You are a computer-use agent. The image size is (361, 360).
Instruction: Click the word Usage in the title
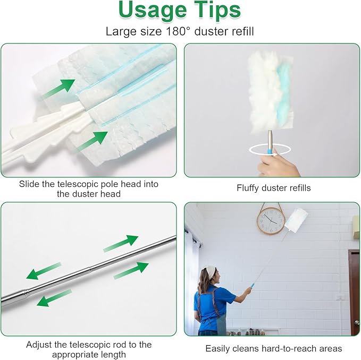coord(154,10)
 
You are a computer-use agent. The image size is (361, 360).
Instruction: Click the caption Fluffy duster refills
coord(274,188)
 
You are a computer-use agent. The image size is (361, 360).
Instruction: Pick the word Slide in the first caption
coord(30,184)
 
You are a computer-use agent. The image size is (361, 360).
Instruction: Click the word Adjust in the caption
coord(40,345)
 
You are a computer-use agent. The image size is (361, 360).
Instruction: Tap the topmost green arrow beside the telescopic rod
coord(121,243)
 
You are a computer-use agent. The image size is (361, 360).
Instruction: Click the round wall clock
coord(271,221)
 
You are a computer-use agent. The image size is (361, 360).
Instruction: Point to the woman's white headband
coord(210,271)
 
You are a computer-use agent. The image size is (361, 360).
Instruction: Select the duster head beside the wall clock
coord(296,220)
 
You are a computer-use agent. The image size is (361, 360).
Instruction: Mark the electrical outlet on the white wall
coord(340,297)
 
